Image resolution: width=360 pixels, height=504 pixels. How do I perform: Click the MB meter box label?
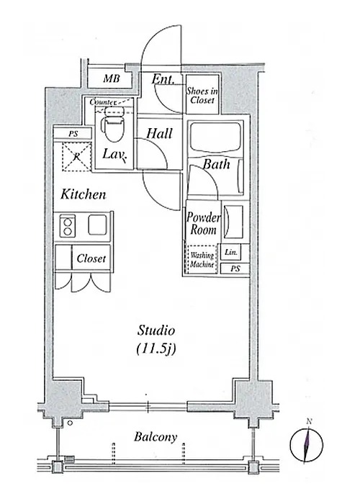(112, 78)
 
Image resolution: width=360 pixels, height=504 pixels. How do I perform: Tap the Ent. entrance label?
(163, 78)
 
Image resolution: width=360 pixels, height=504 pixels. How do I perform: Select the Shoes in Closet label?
(202, 96)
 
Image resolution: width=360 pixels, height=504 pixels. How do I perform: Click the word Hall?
(159, 133)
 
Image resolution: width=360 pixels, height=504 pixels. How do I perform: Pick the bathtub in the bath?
(215, 138)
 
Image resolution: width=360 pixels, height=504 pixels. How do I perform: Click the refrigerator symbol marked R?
(76, 156)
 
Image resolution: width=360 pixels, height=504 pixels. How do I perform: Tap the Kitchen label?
(84, 194)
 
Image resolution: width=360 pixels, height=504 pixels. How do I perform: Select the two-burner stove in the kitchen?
(68, 226)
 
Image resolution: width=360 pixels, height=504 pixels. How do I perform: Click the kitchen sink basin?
(97, 225)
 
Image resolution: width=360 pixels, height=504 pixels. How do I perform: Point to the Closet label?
(91, 258)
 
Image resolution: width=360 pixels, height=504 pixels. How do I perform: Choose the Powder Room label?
(204, 224)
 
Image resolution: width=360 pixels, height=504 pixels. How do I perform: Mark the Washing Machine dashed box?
(202, 260)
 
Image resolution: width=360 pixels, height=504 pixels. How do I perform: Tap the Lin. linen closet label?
(231, 252)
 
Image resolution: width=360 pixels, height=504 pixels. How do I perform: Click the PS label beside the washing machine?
(235, 269)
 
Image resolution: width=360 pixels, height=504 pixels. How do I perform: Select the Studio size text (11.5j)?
(156, 348)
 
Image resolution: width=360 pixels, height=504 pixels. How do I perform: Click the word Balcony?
(156, 437)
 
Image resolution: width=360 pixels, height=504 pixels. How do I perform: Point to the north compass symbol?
(307, 444)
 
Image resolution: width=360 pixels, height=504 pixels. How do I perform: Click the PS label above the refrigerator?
(73, 134)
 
